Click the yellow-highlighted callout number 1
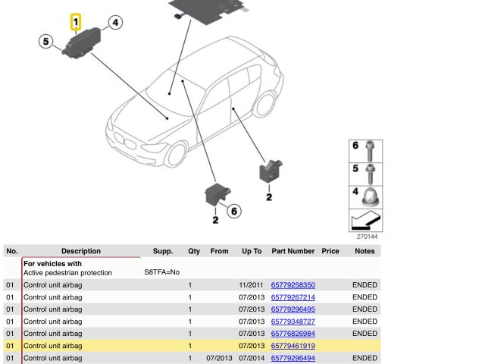pos(76,22)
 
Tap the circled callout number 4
pos(115,23)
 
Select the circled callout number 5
pos(45,42)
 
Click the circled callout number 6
pos(234,212)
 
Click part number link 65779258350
pos(293,285)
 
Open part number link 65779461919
pos(293,346)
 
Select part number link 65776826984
pos(293,334)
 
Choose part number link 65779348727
pos(293,322)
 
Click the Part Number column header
pos(293,251)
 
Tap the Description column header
pos(81,251)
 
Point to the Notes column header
pos(365,251)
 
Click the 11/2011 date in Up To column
pos(251,285)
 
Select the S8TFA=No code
pos(161,272)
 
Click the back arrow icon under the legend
pos(365,221)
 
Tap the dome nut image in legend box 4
pos(371,197)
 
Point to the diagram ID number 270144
pos(367,237)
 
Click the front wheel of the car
pos(177,154)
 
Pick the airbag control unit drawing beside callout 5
pos(82,43)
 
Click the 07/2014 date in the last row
pos(251,358)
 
